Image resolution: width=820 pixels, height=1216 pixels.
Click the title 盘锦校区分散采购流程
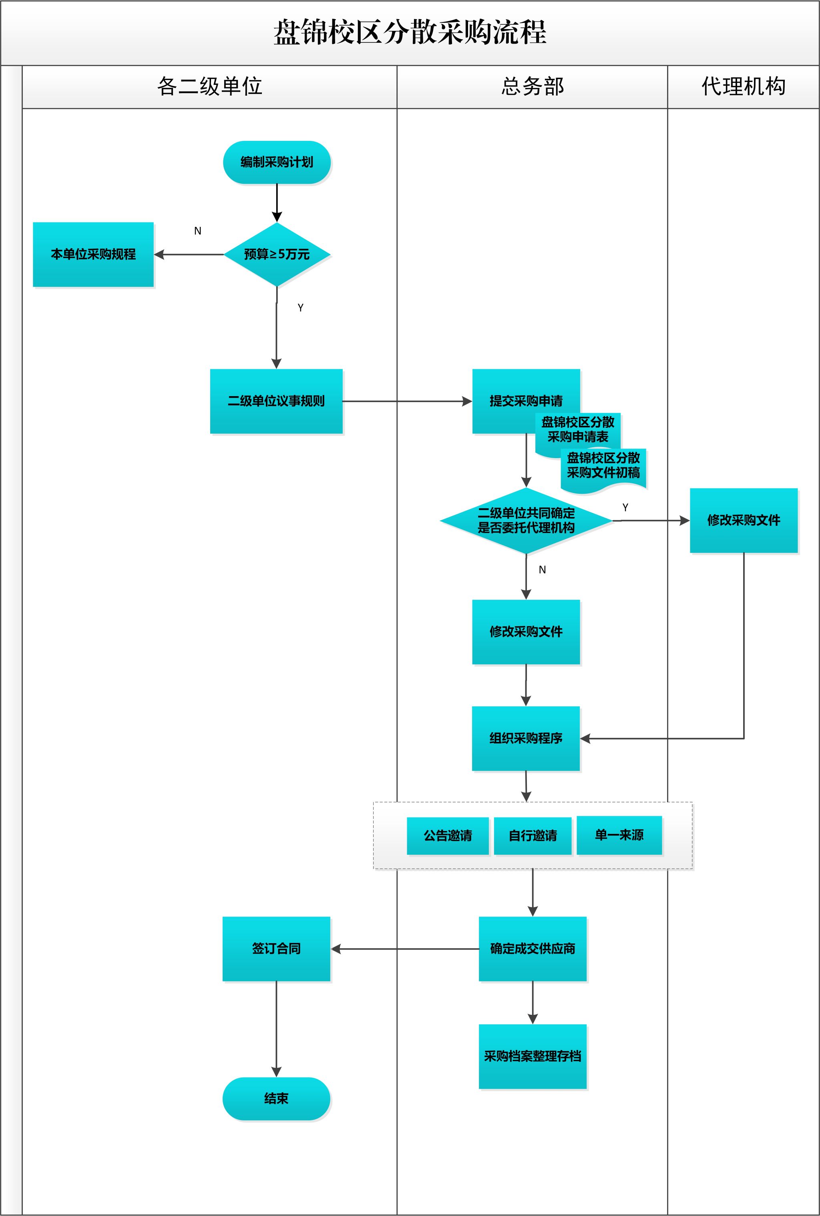410,32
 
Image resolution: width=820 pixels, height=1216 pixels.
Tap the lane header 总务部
533,86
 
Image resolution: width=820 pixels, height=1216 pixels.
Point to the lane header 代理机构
743,86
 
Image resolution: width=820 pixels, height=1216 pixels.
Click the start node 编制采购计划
277,162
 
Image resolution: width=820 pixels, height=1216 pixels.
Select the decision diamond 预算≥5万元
277,254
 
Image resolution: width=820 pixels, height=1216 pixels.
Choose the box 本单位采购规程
93,254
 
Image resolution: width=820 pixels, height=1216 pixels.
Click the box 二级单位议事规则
276,401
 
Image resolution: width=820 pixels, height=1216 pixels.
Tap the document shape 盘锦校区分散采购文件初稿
603,467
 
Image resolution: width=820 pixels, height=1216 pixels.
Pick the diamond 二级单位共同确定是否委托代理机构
526,521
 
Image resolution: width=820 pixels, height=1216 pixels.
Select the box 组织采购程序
526,738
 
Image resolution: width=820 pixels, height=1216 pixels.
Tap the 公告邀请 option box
448,835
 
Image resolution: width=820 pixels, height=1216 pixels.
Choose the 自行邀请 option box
533,835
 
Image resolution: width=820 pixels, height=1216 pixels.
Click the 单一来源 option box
619,835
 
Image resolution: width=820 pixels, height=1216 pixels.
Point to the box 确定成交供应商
533,948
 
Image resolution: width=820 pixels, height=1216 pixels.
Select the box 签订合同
276,948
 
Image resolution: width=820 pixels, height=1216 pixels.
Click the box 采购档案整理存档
533,1056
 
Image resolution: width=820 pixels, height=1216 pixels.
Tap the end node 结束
276,1098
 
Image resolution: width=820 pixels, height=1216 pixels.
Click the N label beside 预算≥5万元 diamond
198,231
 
